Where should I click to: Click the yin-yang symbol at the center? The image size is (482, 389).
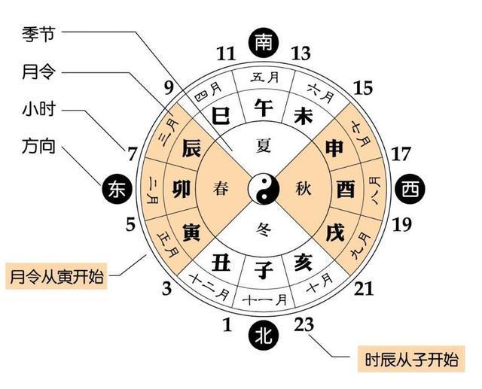point(264,188)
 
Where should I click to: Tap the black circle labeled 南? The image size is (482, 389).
point(264,41)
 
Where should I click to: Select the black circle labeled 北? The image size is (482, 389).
point(264,335)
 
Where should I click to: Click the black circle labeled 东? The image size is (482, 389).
point(117,189)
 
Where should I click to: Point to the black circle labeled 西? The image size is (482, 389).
point(410,189)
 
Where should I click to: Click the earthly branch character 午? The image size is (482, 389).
point(264,108)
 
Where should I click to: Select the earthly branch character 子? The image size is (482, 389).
point(264,270)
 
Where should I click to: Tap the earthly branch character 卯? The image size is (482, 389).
point(182,189)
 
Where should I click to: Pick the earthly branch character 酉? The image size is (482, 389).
point(346,189)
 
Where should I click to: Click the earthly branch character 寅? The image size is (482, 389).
point(191,232)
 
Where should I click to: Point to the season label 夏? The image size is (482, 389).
point(264,145)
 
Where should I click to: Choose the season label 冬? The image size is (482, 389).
point(264,229)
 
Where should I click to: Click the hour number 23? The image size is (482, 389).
point(304,324)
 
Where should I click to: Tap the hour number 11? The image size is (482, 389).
point(226,53)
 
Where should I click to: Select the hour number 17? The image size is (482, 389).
point(401,153)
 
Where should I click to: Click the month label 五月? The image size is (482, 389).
point(264,77)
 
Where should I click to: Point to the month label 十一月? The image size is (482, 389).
point(264,299)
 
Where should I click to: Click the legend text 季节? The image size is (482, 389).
point(38,34)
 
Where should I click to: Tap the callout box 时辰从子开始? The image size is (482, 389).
point(411,359)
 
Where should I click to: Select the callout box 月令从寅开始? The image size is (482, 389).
point(56,276)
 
